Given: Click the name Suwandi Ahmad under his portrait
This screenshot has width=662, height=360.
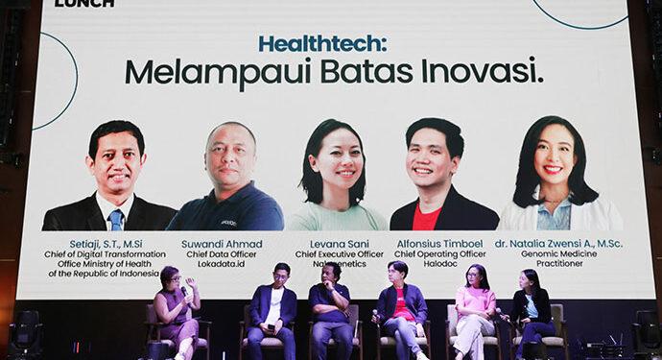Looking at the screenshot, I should (222, 244).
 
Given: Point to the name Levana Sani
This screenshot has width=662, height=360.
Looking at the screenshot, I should (335, 244).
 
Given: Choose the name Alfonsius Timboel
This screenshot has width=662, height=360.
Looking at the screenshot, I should (440, 244).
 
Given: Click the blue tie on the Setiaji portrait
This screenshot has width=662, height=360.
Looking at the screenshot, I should (116, 220).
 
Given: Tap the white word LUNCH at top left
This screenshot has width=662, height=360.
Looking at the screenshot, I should (84, 4).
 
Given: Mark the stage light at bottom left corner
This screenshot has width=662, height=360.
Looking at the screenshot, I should (25, 332).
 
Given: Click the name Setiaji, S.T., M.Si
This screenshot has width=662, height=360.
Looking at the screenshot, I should (108, 244).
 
